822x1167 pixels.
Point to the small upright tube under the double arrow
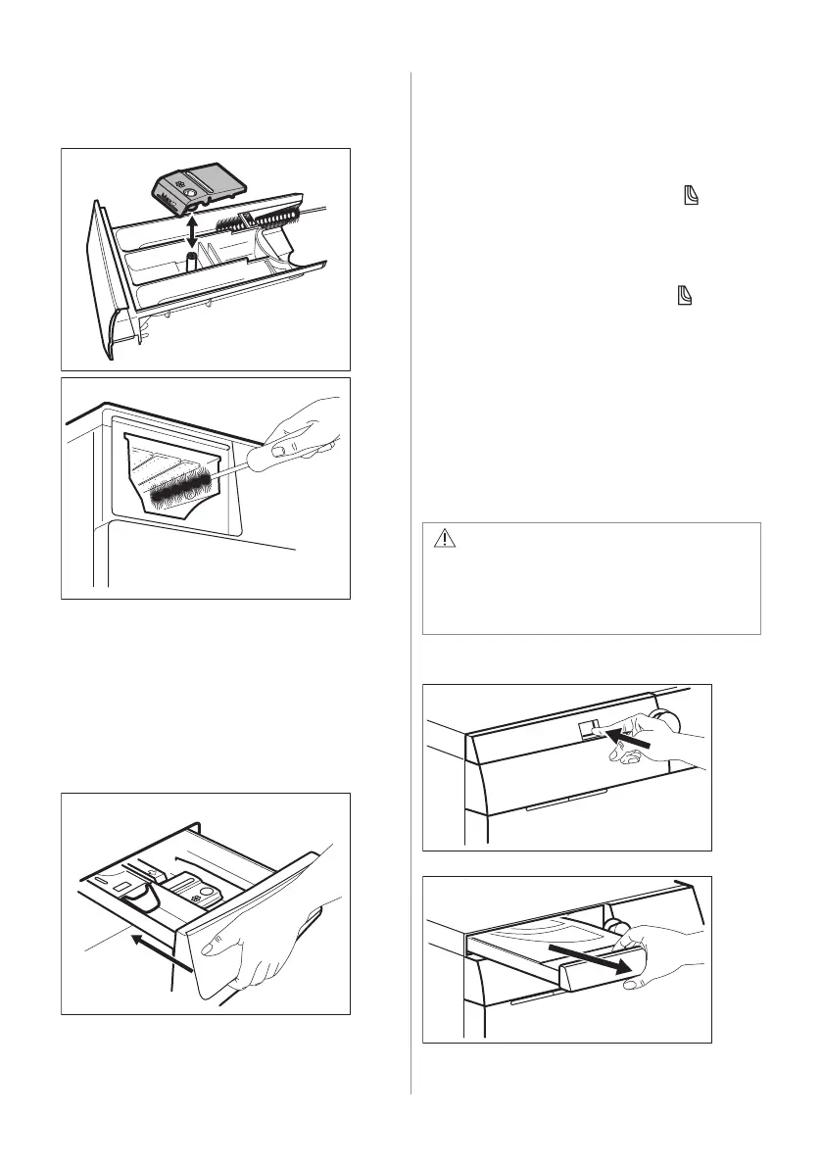[x=192, y=262]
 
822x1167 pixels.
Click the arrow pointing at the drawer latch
[x=621, y=738]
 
